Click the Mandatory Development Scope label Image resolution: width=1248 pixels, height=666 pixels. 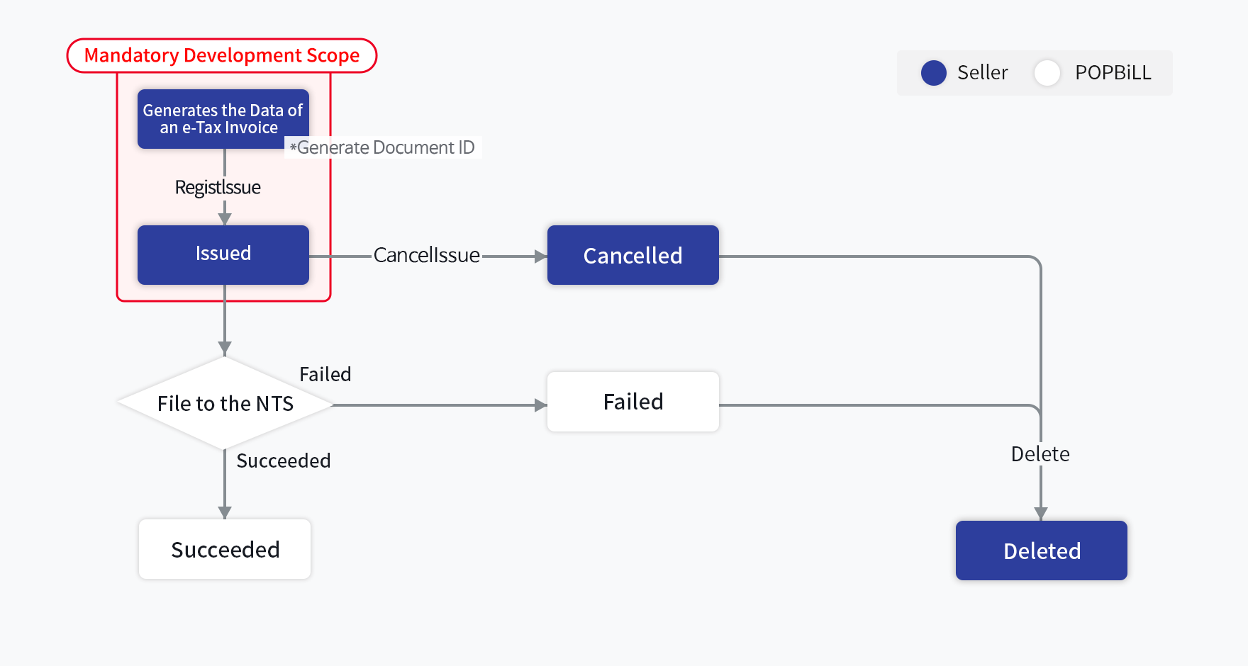click(x=221, y=55)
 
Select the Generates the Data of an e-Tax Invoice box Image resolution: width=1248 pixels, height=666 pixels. click(x=223, y=119)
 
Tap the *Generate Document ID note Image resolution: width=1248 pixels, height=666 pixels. click(x=382, y=147)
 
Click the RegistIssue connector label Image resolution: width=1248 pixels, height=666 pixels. click(x=218, y=187)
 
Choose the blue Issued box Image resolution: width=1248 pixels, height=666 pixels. click(x=223, y=254)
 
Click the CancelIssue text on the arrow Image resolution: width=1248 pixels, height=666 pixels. click(x=426, y=255)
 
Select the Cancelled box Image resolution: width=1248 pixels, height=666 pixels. click(x=633, y=255)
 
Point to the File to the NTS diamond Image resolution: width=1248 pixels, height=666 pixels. click(x=225, y=403)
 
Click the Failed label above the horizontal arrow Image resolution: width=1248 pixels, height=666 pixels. click(x=325, y=374)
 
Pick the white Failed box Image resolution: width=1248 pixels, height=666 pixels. click(x=633, y=402)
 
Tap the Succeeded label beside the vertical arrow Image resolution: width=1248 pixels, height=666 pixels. click(x=283, y=461)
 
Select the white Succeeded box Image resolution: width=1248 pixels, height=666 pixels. click(x=225, y=549)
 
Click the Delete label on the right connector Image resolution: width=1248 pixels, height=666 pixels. click(x=1040, y=453)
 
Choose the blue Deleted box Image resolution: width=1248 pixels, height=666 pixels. click(x=1041, y=551)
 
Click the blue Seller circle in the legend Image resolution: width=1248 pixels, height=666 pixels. click(x=933, y=72)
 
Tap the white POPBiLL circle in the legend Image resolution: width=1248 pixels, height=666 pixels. click(x=1047, y=72)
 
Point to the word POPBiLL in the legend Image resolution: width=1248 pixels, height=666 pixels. click(x=1113, y=72)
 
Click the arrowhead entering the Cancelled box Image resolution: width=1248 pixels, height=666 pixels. click(x=540, y=256)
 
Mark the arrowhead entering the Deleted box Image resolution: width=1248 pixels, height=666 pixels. click(x=1040, y=514)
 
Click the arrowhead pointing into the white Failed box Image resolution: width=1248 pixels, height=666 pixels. click(x=540, y=405)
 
